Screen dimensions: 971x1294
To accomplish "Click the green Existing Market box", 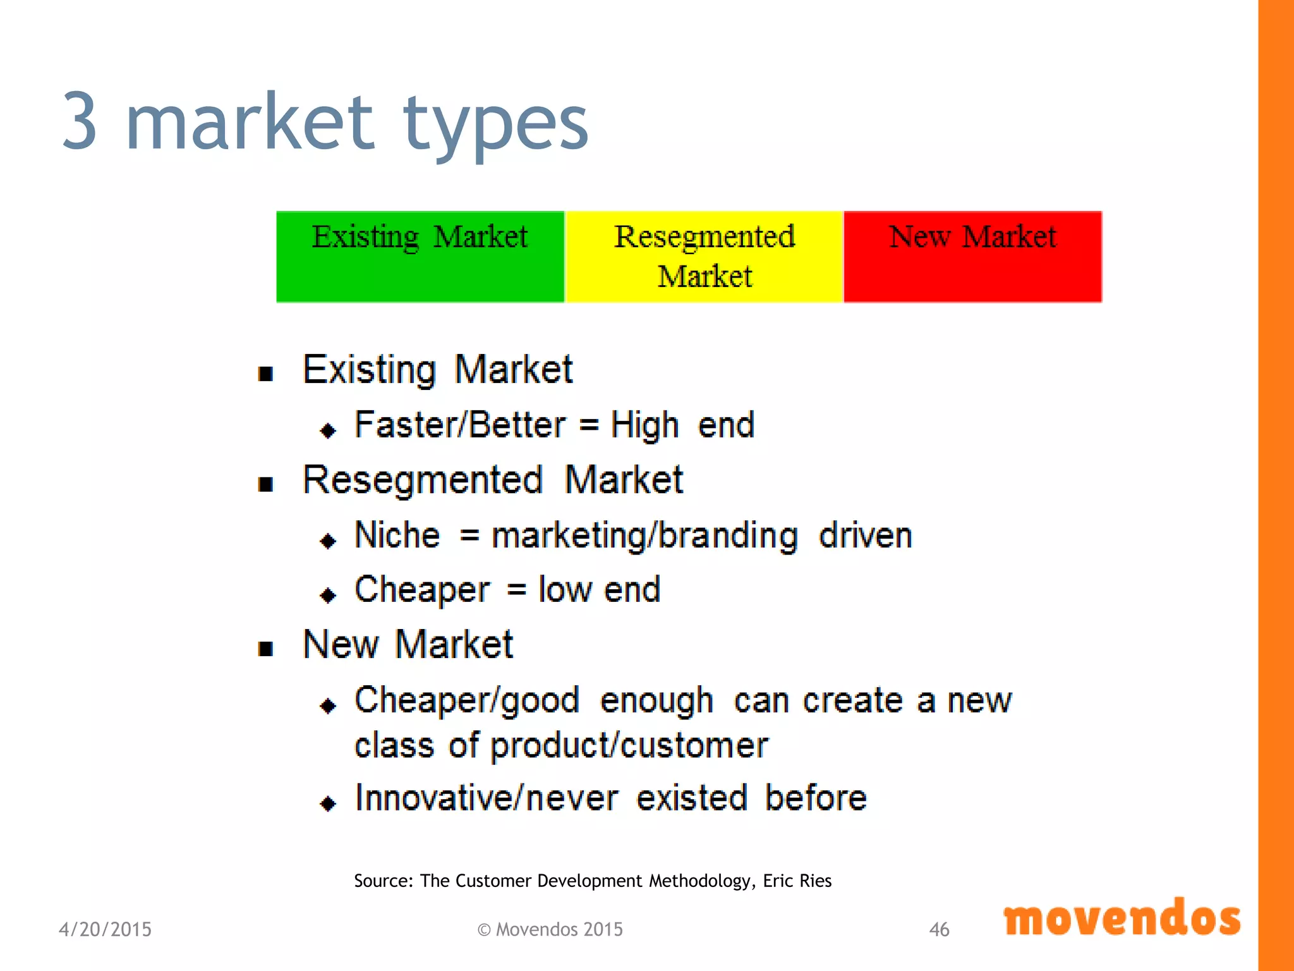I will [420, 257].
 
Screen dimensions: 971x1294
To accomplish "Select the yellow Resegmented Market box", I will [704, 257].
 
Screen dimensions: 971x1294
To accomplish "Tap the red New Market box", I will [972, 257].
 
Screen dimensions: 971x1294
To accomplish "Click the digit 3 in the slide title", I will [80, 121].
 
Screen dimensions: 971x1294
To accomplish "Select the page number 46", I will [939, 929].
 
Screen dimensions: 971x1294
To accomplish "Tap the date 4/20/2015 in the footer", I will [106, 929].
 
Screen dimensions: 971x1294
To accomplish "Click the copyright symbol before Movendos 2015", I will [484, 930].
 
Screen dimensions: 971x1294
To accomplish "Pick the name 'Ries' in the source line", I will [815, 881].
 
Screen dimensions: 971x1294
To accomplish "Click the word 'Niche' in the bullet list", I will [397, 535].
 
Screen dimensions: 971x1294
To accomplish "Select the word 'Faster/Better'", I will [460, 425].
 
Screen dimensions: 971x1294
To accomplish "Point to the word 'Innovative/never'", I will [487, 798].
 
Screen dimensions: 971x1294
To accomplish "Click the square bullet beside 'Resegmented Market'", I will [266, 484].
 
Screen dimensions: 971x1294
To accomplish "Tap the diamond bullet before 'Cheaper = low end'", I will [328, 595].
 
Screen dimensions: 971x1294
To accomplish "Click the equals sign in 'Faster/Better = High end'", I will [589, 425].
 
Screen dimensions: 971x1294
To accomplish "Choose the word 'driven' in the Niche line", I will [866, 535].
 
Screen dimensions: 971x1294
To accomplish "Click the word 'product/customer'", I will [629, 746].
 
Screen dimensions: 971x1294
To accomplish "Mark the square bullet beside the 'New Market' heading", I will [266, 649].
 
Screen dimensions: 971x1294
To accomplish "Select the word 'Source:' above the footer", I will [384, 881].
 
